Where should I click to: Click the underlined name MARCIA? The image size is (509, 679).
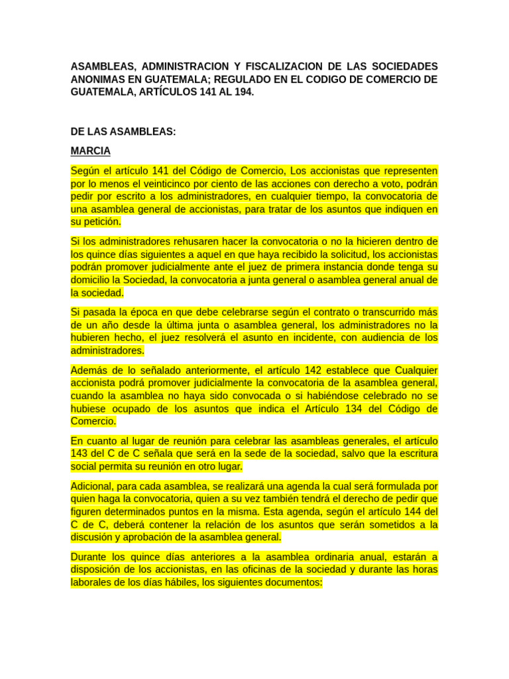[x=91, y=151]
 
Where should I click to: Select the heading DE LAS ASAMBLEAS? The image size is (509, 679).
[x=123, y=132]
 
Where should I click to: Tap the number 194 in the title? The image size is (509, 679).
[x=241, y=92]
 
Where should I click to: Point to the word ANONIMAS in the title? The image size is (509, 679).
[x=99, y=80]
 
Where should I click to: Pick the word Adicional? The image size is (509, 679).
[x=93, y=486]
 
